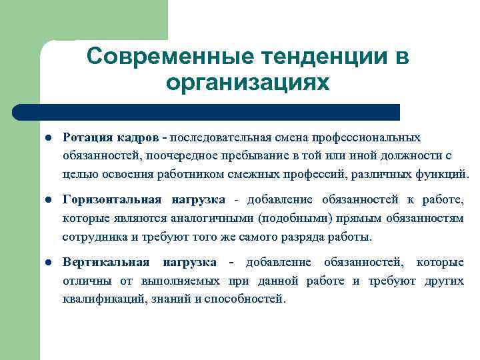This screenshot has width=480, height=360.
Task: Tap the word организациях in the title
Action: (x=247, y=83)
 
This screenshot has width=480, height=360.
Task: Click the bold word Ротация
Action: (x=87, y=137)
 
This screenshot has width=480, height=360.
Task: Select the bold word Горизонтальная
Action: (x=111, y=200)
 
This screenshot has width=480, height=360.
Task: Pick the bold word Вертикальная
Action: (x=103, y=263)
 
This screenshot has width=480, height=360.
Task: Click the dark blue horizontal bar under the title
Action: (x=207, y=112)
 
